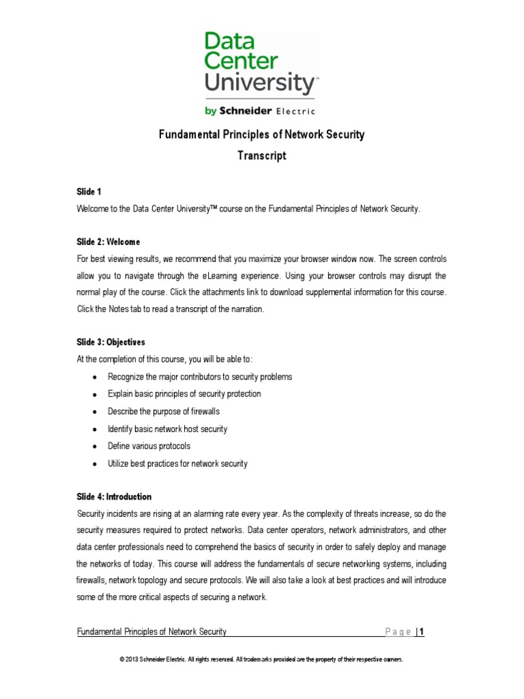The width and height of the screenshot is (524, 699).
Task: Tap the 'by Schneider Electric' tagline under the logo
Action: coord(261,110)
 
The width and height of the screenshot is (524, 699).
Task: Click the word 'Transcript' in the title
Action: coord(261,156)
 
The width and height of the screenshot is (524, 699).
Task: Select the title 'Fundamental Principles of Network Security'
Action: coord(261,134)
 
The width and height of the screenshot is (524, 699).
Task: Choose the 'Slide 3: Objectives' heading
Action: coord(111,342)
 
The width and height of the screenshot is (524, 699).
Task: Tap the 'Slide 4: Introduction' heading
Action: coord(114,496)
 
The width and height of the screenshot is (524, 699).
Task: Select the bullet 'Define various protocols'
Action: coord(149,446)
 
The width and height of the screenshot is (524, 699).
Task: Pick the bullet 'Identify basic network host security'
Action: coord(167,429)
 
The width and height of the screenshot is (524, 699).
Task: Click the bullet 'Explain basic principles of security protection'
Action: coord(184,394)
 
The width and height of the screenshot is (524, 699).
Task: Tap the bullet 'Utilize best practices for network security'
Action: coord(177,463)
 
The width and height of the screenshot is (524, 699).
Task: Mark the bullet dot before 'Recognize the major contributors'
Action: coord(93,377)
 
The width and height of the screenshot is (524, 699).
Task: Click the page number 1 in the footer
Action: coord(422,632)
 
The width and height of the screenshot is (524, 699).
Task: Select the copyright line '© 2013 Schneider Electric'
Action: coord(261,659)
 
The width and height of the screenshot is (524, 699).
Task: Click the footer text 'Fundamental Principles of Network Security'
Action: coord(151,632)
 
